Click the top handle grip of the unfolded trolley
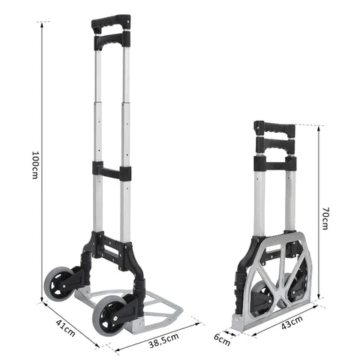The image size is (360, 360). (110, 22)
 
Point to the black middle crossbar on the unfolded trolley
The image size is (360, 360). (112, 172)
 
